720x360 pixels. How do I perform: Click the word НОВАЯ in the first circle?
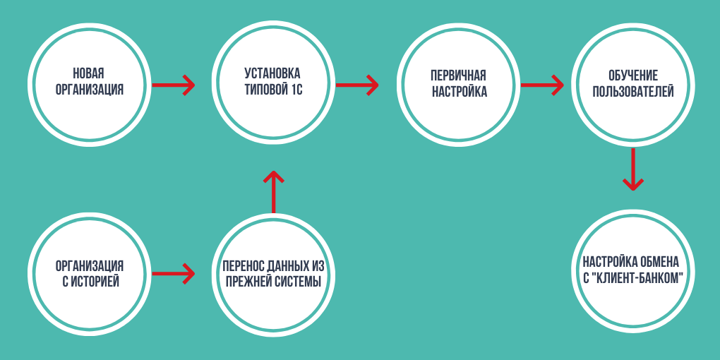click(x=88, y=74)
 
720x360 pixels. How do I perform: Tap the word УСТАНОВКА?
click(x=272, y=73)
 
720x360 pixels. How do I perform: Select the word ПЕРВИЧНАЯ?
click(x=458, y=76)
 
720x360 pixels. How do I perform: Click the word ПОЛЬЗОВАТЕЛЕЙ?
click(x=633, y=92)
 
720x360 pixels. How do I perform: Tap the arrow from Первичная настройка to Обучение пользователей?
click(x=542, y=85)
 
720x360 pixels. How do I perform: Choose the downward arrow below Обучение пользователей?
click(x=632, y=169)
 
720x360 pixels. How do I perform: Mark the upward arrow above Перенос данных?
click(x=272, y=191)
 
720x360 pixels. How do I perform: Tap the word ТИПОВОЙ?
click(x=265, y=90)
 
